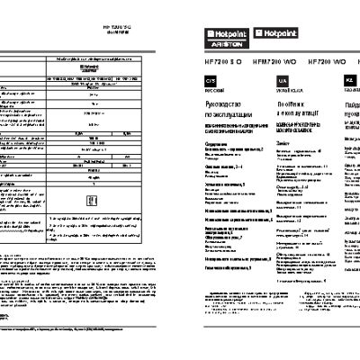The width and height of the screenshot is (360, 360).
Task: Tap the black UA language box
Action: [273, 106]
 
